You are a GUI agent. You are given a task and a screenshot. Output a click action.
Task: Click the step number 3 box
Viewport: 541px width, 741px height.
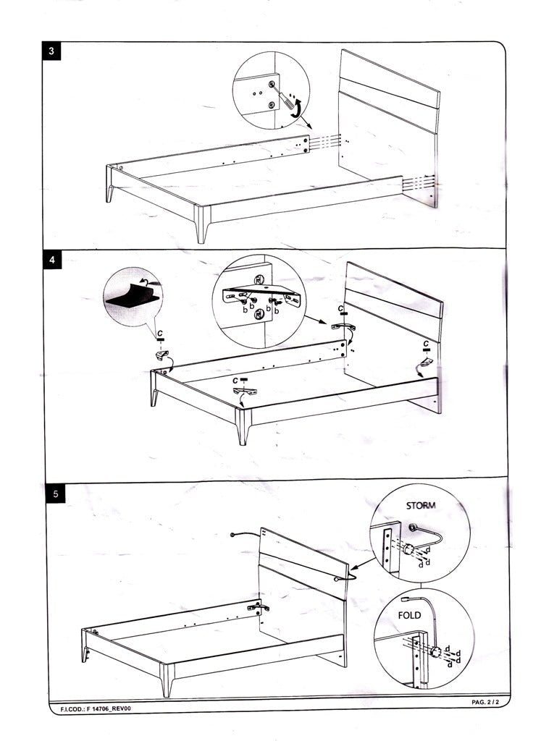[x=51, y=51]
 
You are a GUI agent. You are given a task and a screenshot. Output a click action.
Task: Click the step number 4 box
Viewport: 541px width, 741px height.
[x=52, y=258]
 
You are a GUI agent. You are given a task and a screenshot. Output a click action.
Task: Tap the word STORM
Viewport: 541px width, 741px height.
[x=421, y=506]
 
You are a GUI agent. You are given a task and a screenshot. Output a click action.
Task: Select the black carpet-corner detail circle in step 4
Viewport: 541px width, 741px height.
[x=133, y=297]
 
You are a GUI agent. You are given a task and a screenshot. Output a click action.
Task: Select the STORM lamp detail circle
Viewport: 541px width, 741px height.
[x=419, y=535]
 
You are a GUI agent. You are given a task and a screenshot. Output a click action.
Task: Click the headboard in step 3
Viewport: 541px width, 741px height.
[x=389, y=127]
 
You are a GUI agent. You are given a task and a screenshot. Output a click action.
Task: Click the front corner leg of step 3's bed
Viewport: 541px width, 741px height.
[x=203, y=225]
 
